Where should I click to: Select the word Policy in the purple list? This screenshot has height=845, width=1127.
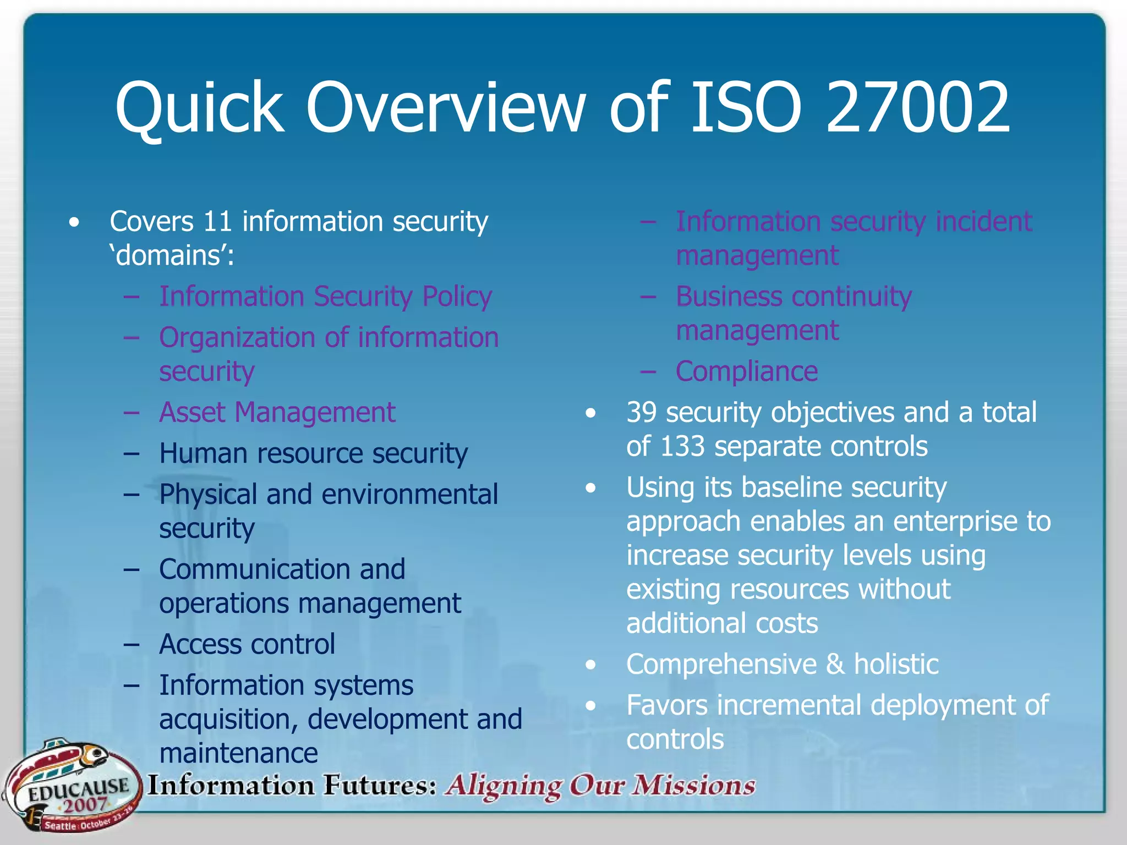[x=457, y=297]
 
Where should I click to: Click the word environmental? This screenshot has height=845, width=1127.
[x=410, y=495]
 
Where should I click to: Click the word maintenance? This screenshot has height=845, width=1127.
[x=238, y=753]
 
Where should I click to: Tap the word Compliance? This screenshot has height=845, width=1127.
[x=747, y=371]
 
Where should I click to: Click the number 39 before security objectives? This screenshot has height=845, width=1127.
[x=641, y=413]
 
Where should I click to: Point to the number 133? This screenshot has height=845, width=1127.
[x=682, y=446]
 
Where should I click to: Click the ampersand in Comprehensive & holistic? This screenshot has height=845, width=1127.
[x=835, y=664]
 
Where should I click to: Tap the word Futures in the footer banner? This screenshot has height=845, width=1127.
[x=380, y=785]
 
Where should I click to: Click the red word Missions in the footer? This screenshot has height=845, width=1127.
[x=694, y=785]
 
